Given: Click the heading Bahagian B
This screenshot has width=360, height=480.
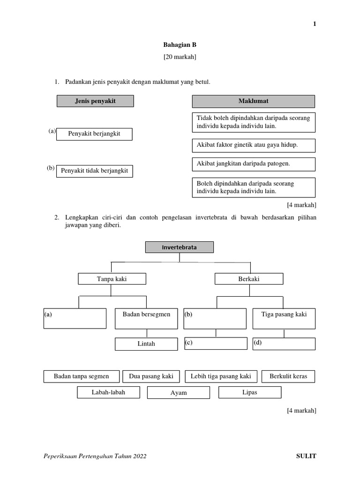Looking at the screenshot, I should tap(180, 45).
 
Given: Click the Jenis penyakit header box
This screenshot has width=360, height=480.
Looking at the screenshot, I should tap(95, 101).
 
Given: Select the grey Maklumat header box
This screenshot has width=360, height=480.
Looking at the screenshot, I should tap(253, 101).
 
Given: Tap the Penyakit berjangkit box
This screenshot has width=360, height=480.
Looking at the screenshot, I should tap(94, 134).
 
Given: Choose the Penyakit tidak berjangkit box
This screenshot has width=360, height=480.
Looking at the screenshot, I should tap(95, 171).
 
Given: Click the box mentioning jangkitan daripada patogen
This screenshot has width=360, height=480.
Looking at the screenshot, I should tap(253, 164).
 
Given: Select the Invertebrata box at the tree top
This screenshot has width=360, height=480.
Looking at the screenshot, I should tap(179, 247).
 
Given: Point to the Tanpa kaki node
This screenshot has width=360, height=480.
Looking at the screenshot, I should tap(112, 279).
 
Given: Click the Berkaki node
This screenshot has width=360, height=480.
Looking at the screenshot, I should tap(249, 279).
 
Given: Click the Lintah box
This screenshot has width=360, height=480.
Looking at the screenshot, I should tap(146, 344).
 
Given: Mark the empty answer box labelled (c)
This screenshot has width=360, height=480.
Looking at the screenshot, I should tap(216, 344).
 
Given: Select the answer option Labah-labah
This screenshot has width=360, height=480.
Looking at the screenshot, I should tap(108, 392).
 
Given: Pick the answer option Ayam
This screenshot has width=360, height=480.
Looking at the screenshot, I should tap(179, 393).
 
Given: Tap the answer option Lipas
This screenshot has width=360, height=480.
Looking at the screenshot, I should tap(250, 392).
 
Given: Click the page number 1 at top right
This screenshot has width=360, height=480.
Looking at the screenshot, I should tap(315, 24).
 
